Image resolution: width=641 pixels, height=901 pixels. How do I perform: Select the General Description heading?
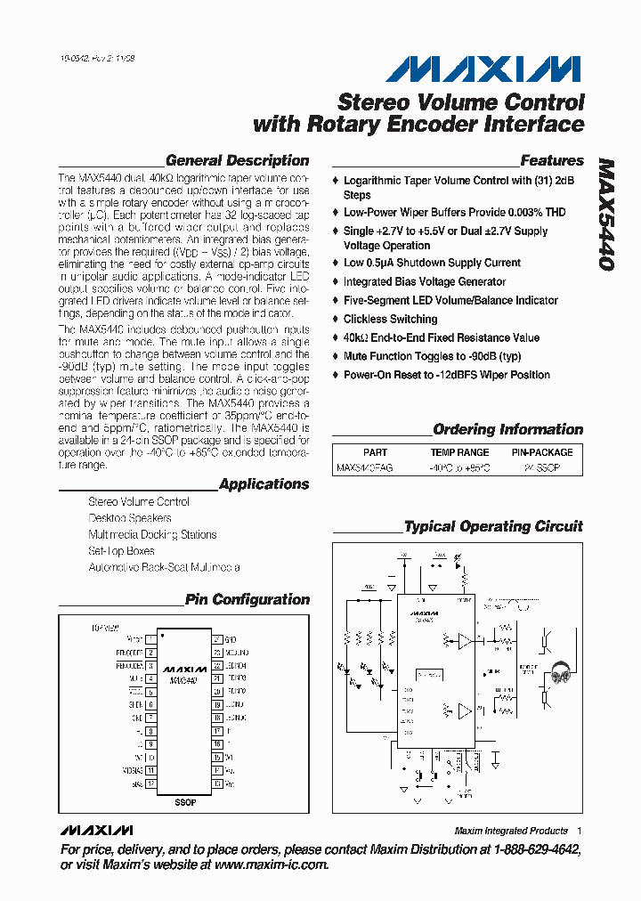(237, 161)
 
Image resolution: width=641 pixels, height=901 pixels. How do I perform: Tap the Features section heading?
(551, 161)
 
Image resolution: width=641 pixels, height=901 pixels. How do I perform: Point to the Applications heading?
(264, 484)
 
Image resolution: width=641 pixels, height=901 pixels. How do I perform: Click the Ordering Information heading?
(507, 430)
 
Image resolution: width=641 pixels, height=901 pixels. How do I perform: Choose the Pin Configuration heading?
(247, 600)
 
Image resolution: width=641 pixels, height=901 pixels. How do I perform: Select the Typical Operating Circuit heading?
(493, 527)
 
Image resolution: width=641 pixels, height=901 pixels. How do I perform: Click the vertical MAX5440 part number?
(605, 216)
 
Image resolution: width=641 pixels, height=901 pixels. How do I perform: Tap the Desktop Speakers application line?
(130, 518)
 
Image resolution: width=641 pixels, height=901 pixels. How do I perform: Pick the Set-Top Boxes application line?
(121, 551)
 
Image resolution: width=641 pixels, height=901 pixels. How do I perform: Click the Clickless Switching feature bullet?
(390, 319)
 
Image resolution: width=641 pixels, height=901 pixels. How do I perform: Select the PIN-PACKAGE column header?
(541, 452)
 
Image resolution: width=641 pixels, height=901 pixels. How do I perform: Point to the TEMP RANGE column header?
(460, 452)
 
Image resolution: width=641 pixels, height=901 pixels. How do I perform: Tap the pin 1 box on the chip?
(151, 639)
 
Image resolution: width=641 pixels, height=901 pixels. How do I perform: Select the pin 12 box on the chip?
(151, 784)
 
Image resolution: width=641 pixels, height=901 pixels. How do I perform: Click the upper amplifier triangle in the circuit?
(465, 639)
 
